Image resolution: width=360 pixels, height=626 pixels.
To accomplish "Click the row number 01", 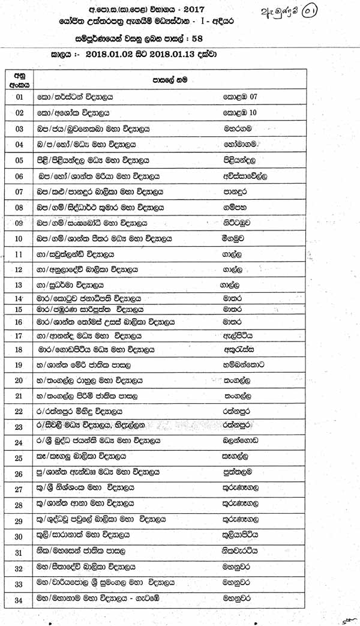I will [19, 97].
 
